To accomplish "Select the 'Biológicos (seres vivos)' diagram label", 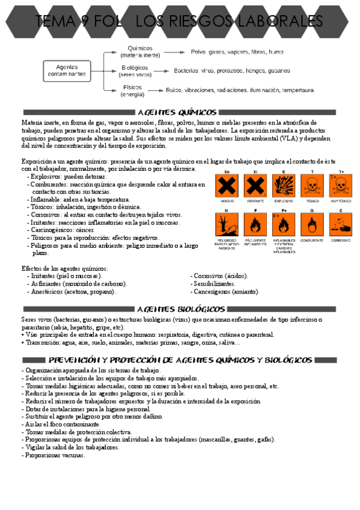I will [135, 72].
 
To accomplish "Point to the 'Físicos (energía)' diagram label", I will [132, 91].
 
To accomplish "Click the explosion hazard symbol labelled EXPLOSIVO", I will [284, 187].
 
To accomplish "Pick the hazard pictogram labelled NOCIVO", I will [228, 187].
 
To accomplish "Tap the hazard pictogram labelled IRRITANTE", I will [255, 187].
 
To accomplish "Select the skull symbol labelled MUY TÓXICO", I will [340, 187].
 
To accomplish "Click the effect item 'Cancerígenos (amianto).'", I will [225, 291].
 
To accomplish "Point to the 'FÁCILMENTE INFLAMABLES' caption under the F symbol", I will [255, 242].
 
